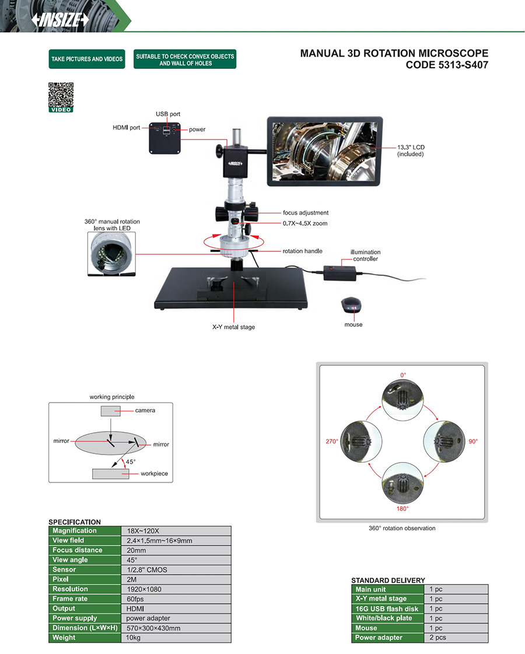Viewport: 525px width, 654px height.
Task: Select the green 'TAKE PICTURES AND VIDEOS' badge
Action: [x=87, y=59]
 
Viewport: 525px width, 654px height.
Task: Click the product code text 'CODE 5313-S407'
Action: [x=447, y=65]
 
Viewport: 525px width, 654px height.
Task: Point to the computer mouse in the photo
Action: [x=351, y=305]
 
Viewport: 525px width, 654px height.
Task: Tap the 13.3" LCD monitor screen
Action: [x=325, y=151]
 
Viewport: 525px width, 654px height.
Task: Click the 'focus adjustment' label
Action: [x=306, y=213]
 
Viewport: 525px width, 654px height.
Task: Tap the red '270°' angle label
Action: [x=332, y=442]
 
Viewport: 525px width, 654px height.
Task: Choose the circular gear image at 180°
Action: [x=402, y=482]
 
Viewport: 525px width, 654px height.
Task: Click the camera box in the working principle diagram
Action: [x=111, y=411]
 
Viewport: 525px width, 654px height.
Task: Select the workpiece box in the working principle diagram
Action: [x=110, y=473]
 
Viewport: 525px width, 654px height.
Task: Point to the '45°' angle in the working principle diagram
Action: [x=131, y=461]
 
